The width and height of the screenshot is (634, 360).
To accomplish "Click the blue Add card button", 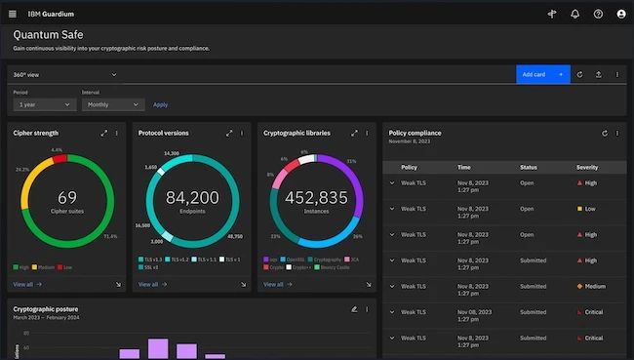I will (542, 74).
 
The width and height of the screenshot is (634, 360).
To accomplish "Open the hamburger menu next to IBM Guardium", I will (13, 14).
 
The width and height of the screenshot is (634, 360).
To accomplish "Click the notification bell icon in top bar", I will (575, 14).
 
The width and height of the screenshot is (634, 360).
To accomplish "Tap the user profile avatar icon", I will (621, 14).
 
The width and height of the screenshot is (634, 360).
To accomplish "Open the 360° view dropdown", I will (64, 74).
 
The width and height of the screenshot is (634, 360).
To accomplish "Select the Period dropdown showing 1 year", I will (44, 104).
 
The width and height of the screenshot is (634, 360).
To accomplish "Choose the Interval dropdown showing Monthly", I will (113, 104).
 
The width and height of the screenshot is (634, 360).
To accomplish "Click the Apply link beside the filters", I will (160, 104).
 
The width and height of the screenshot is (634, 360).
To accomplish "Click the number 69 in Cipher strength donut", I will (67, 197).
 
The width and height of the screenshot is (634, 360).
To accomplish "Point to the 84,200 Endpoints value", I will (192, 198).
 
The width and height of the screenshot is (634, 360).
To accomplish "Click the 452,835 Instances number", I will (316, 198).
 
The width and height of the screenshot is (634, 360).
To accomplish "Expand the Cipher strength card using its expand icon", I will (103, 133).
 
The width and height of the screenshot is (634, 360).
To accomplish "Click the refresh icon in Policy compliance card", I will (604, 133).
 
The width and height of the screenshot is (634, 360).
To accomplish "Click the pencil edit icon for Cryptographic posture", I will (354, 309).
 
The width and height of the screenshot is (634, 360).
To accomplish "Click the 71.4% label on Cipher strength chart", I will (110, 236).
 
